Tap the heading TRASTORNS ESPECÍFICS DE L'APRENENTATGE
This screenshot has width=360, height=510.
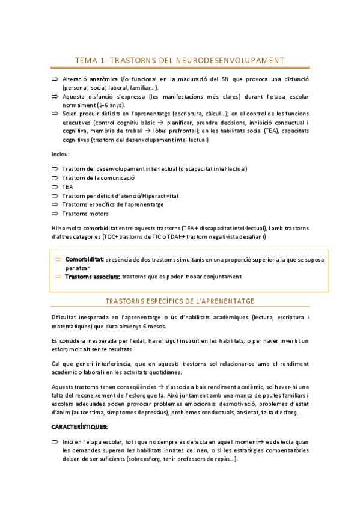(180, 300)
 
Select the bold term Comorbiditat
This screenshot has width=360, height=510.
(84, 260)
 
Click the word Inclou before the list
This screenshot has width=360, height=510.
(61, 154)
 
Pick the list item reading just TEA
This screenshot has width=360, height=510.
(67, 187)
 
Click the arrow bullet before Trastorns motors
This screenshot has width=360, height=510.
(55, 213)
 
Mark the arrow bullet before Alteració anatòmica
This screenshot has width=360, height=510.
(55, 79)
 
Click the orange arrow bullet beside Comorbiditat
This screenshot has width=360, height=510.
(58, 260)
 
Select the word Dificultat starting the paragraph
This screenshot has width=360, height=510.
(66, 317)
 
